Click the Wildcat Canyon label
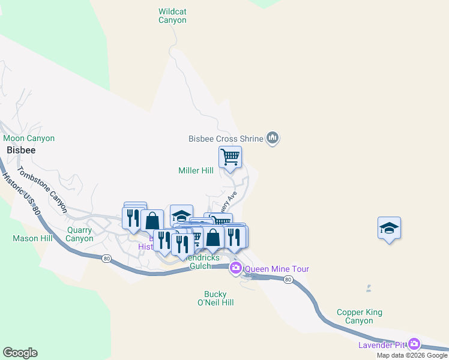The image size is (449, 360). click(172, 16)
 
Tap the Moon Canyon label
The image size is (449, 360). click(29, 139)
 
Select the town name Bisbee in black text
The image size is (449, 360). click(21, 150)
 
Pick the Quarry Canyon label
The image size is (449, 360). click(80, 233)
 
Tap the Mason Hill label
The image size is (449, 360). click(33, 238)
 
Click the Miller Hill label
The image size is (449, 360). click(196, 171)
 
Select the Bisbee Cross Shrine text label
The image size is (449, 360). click(226, 139)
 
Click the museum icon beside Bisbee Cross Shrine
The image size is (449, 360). click(273, 139)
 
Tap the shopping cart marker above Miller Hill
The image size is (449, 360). click(230, 158)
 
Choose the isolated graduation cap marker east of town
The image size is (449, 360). click(390, 229)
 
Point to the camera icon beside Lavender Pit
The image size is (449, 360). click(414, 344)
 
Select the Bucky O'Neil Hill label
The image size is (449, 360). click(215, 298)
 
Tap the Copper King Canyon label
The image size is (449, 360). click(360, 316)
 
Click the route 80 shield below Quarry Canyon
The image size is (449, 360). click(107, 259)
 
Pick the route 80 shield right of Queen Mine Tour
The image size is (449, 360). click(289, 280)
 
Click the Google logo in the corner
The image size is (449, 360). click(20, 353)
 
